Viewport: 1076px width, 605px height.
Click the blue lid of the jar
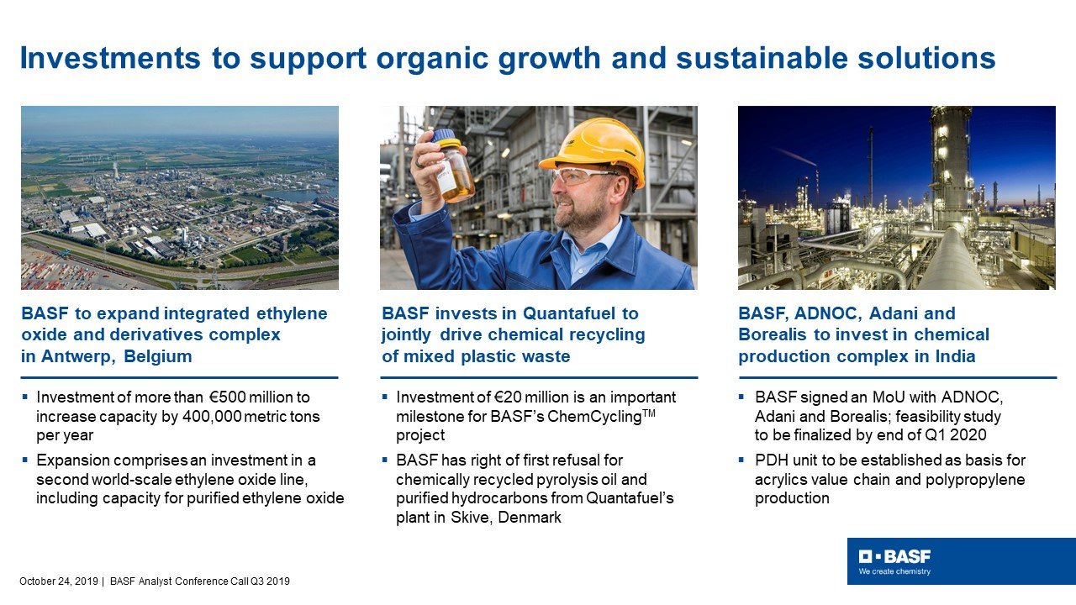(x=446, y=136)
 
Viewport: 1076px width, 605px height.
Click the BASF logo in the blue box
(x=894, y=556)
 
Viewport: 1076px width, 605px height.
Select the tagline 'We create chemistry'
(x=894, y=571)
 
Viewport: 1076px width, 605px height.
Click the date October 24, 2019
(x=59, y=581)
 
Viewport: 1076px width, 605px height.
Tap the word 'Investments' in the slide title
(x=110, y=58)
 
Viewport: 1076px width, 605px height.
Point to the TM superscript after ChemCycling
(x=648, y=412)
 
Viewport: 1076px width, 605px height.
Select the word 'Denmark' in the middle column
(x=530, y=518)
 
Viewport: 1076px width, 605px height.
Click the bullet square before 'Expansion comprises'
(x=25, y=460)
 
